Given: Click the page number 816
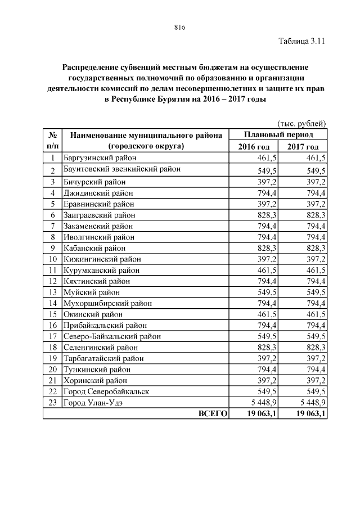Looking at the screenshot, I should tap(180, 27).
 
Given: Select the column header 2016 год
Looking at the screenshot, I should tap(254, 147).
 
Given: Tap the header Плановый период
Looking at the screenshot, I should tap(278, 135).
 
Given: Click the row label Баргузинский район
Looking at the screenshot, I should tap(100, 158).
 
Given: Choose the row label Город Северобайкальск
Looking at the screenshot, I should tap(106, 391).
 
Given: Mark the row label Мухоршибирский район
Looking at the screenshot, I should tap(107, 303).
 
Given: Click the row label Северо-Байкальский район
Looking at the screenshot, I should tap(112, 336).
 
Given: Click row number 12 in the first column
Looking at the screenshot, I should tap(52, 281).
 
